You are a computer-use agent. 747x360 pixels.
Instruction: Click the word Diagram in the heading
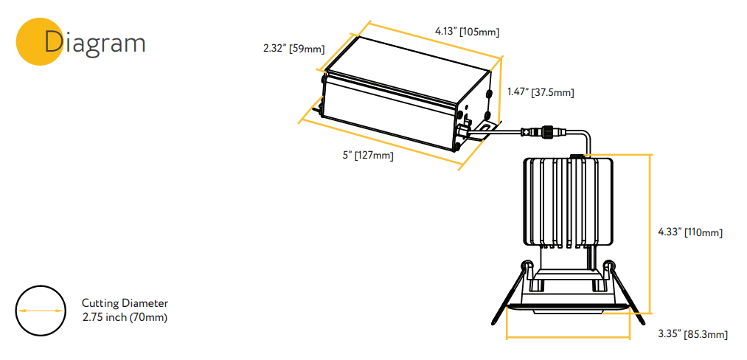tap(94, 43)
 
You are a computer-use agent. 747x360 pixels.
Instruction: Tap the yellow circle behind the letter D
tap(39, 42)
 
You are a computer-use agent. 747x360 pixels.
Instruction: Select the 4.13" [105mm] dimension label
tap(467, 32)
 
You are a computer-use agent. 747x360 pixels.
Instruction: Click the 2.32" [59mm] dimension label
tap(294, 48)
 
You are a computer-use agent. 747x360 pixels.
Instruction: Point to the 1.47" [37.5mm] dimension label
tap(541, 92)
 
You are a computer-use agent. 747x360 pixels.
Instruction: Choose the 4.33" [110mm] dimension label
tap(690, 232)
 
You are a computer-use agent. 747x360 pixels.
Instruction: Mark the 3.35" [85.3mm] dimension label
tap(692, 334)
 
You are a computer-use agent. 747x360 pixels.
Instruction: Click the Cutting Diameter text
tap(125, 302)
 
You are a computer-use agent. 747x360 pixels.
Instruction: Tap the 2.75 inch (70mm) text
tap(125, 317)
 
